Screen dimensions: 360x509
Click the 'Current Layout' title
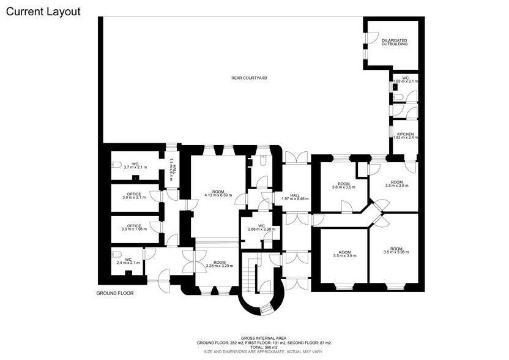pos(43,12)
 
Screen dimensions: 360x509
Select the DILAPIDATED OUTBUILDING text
pos(395,42)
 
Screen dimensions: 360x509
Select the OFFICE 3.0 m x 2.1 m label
pos(133,196)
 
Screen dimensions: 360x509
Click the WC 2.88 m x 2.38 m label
pos(261,227)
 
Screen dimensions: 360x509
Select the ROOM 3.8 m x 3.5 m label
pos(344,186)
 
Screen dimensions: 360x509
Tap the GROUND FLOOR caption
pos(115,293)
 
